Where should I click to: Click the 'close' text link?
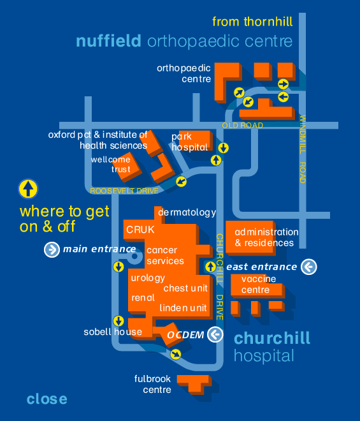click(x=47, y=399)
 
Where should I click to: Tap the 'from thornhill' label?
click(x=252, y=22)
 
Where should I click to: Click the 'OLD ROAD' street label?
click(x=243, y=126)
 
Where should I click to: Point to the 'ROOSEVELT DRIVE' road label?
click(x=124, y=191)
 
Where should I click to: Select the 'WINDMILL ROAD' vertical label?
click(x=303, y=149)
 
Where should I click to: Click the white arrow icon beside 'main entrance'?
click(x=52, y=249)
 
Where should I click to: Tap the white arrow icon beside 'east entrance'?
click(x=309, y=267)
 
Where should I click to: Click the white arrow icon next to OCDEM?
click(x=215, y=334)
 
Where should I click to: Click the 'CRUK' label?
click(x=140, y=230)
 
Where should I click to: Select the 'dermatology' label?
click(x=187, y=212)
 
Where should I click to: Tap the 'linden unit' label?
click(x=183, y=307)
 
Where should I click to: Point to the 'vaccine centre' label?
click(x=259, y=284)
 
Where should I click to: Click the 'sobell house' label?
click(x=113, y=332)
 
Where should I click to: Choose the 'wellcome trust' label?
click(x=111, y=165)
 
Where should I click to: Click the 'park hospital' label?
click(x=190, y=142)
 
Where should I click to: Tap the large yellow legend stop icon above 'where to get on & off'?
click(x=28, y=189)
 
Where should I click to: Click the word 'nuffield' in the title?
click(x=108, y=41)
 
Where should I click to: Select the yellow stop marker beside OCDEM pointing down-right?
click(x=176, y=355)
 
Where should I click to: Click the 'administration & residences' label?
click(x=266, y=237)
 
